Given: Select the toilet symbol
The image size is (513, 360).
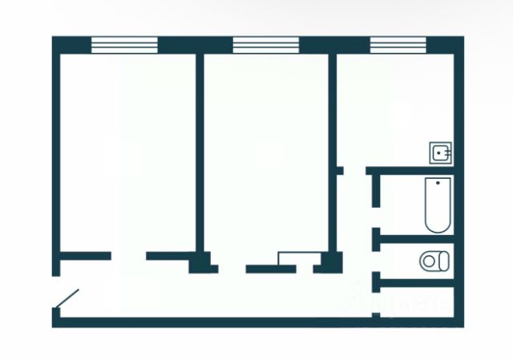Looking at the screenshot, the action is pos(435,261).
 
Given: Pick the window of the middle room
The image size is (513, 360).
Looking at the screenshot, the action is pos(265,46).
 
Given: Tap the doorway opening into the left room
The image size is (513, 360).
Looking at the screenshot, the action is pos(128,257).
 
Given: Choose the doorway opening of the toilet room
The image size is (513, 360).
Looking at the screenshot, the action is pos(375,258).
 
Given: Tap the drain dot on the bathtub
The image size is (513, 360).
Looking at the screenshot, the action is pos(437,184).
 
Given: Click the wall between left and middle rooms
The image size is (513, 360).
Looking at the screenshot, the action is pos(199,152).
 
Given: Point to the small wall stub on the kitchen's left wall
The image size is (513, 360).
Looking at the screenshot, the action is pos(339,170).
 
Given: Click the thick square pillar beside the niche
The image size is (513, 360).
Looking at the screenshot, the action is pos(326,263).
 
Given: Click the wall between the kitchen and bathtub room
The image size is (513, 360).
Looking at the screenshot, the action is pos(413,170).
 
